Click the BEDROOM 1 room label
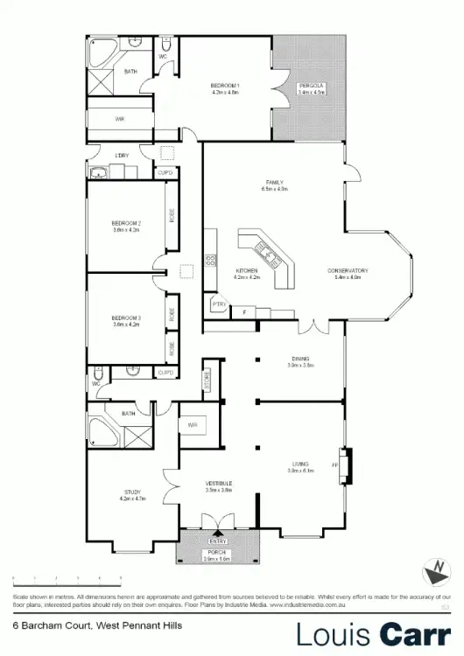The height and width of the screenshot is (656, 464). (x=226, y=85)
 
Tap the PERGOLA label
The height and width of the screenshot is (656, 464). (x=312, y=85)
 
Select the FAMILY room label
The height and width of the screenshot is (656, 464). (x=274, y=183)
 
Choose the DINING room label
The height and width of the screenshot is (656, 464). (x=300, y=358)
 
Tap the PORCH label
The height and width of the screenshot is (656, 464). (x=217, y=553)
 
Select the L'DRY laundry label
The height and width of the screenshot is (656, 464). (x=121, y=157)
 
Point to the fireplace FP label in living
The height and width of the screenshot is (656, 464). (x=335, y=465)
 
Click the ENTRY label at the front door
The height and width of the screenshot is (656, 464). (x=217, y=541)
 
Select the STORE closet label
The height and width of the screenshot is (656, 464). (x=207, y=380)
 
